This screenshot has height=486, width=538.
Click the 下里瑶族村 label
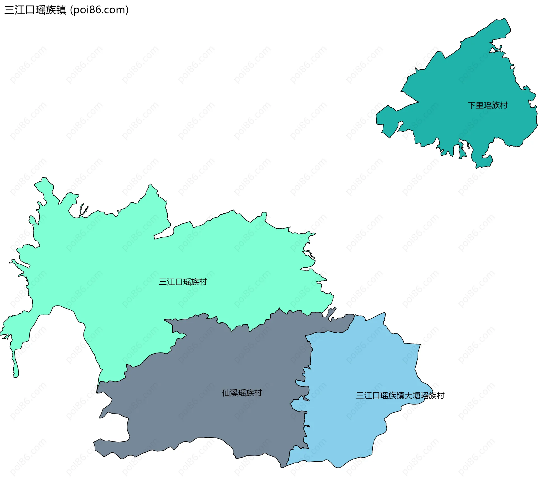point(488,105)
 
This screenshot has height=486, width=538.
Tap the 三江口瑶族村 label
point(183,282)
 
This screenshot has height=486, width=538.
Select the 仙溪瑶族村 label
point(242,393)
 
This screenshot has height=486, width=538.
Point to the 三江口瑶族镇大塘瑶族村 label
point(400,395)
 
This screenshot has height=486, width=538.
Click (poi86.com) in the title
point(99,10)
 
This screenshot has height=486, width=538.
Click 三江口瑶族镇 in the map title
point(35,10)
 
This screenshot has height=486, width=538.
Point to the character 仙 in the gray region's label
point(226,393)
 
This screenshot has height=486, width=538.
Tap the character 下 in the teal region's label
point(472,105)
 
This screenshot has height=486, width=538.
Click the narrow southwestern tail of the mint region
point(16,367)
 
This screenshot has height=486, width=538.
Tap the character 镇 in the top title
point(61,10)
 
